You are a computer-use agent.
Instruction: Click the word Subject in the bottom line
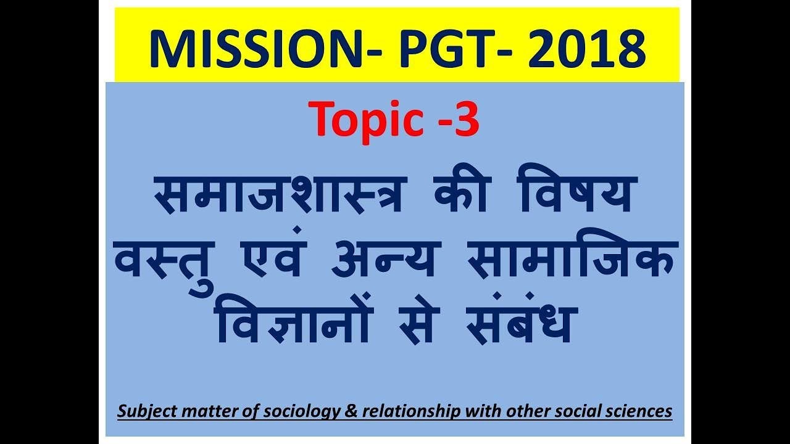(x=141, y=411)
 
